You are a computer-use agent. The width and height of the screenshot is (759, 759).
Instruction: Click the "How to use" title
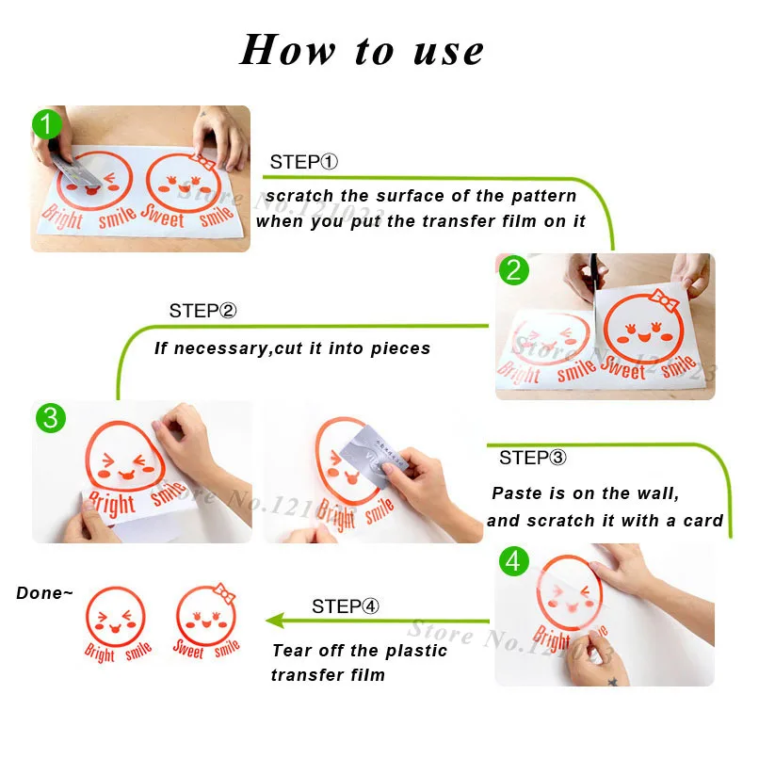pyautogui.click(x=363, y=50)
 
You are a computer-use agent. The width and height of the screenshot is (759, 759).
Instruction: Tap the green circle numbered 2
pyautogui.click(x=513, y=272)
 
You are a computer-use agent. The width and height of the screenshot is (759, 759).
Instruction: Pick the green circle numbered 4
pyautogui.click(x=512, y=562)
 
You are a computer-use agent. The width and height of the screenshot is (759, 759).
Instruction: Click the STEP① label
pyautogui.click(x=303, y=162)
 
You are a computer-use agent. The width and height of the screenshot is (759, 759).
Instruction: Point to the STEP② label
pyautogui.click(x=202, y=311)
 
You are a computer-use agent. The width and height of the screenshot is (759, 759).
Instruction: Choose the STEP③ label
pyautogui.click(x=533, y=459)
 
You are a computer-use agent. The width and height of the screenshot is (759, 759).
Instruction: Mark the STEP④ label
pyautogui.click(x=346, y=606)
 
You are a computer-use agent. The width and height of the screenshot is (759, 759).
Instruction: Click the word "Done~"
pyautogui.click(x=44, y=593)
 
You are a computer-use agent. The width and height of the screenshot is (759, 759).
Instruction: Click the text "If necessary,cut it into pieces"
pyautogui.click(x=292, y=348)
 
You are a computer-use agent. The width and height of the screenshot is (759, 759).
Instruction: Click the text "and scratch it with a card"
pyautogui.click(x=605, y=521)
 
